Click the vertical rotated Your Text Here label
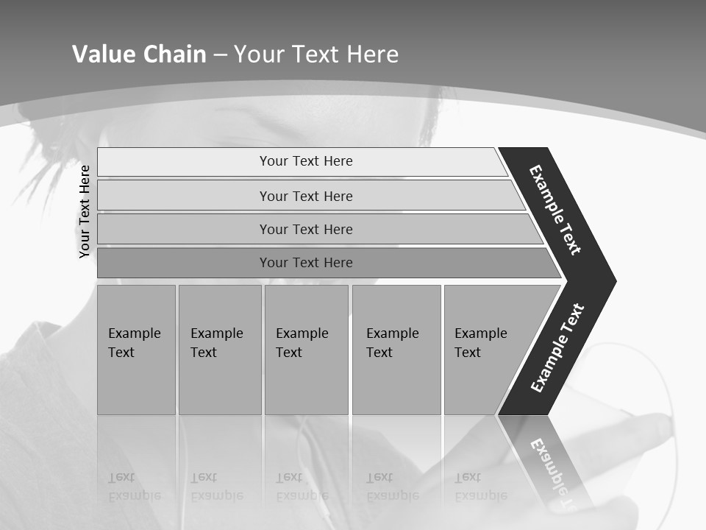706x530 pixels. [x=85, y=211]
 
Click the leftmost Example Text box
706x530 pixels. [x=136, y=349]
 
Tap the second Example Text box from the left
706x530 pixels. [x=219, y=349]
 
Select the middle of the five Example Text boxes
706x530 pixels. [x=306, y=349]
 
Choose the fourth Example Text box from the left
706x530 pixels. [x=396, y=349]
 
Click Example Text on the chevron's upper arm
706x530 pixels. [x=555, y=210]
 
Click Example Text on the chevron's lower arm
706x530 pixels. [x=557, y=347]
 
